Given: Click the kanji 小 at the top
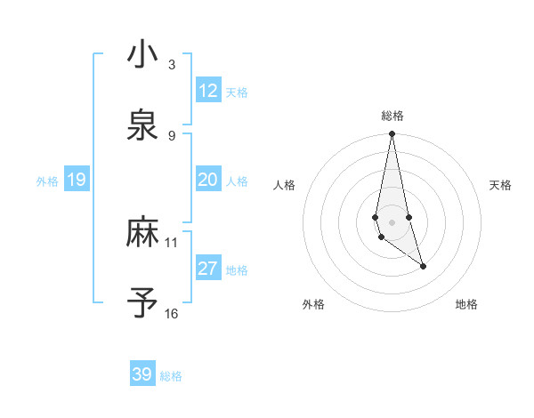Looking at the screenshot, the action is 142,54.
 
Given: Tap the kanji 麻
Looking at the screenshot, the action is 142,232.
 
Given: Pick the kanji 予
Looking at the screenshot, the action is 142,302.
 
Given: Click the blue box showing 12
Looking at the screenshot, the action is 208,91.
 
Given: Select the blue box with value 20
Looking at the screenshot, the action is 208,181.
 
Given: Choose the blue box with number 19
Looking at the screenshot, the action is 76,181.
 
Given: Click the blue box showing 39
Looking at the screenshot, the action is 142,374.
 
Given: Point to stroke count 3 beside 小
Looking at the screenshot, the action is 171,64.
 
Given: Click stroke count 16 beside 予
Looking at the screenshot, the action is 171,313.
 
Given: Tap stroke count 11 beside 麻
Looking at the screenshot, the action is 171,242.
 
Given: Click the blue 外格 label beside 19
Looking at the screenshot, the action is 47,181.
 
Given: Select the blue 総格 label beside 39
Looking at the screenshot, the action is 171,376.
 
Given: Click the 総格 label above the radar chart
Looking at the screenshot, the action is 392,116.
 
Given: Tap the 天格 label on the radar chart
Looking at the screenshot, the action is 501,185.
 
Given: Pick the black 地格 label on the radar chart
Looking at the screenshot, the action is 466,304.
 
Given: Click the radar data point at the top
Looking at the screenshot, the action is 392,134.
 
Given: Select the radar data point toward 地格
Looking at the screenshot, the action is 423,266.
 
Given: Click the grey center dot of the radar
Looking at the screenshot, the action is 392,221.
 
